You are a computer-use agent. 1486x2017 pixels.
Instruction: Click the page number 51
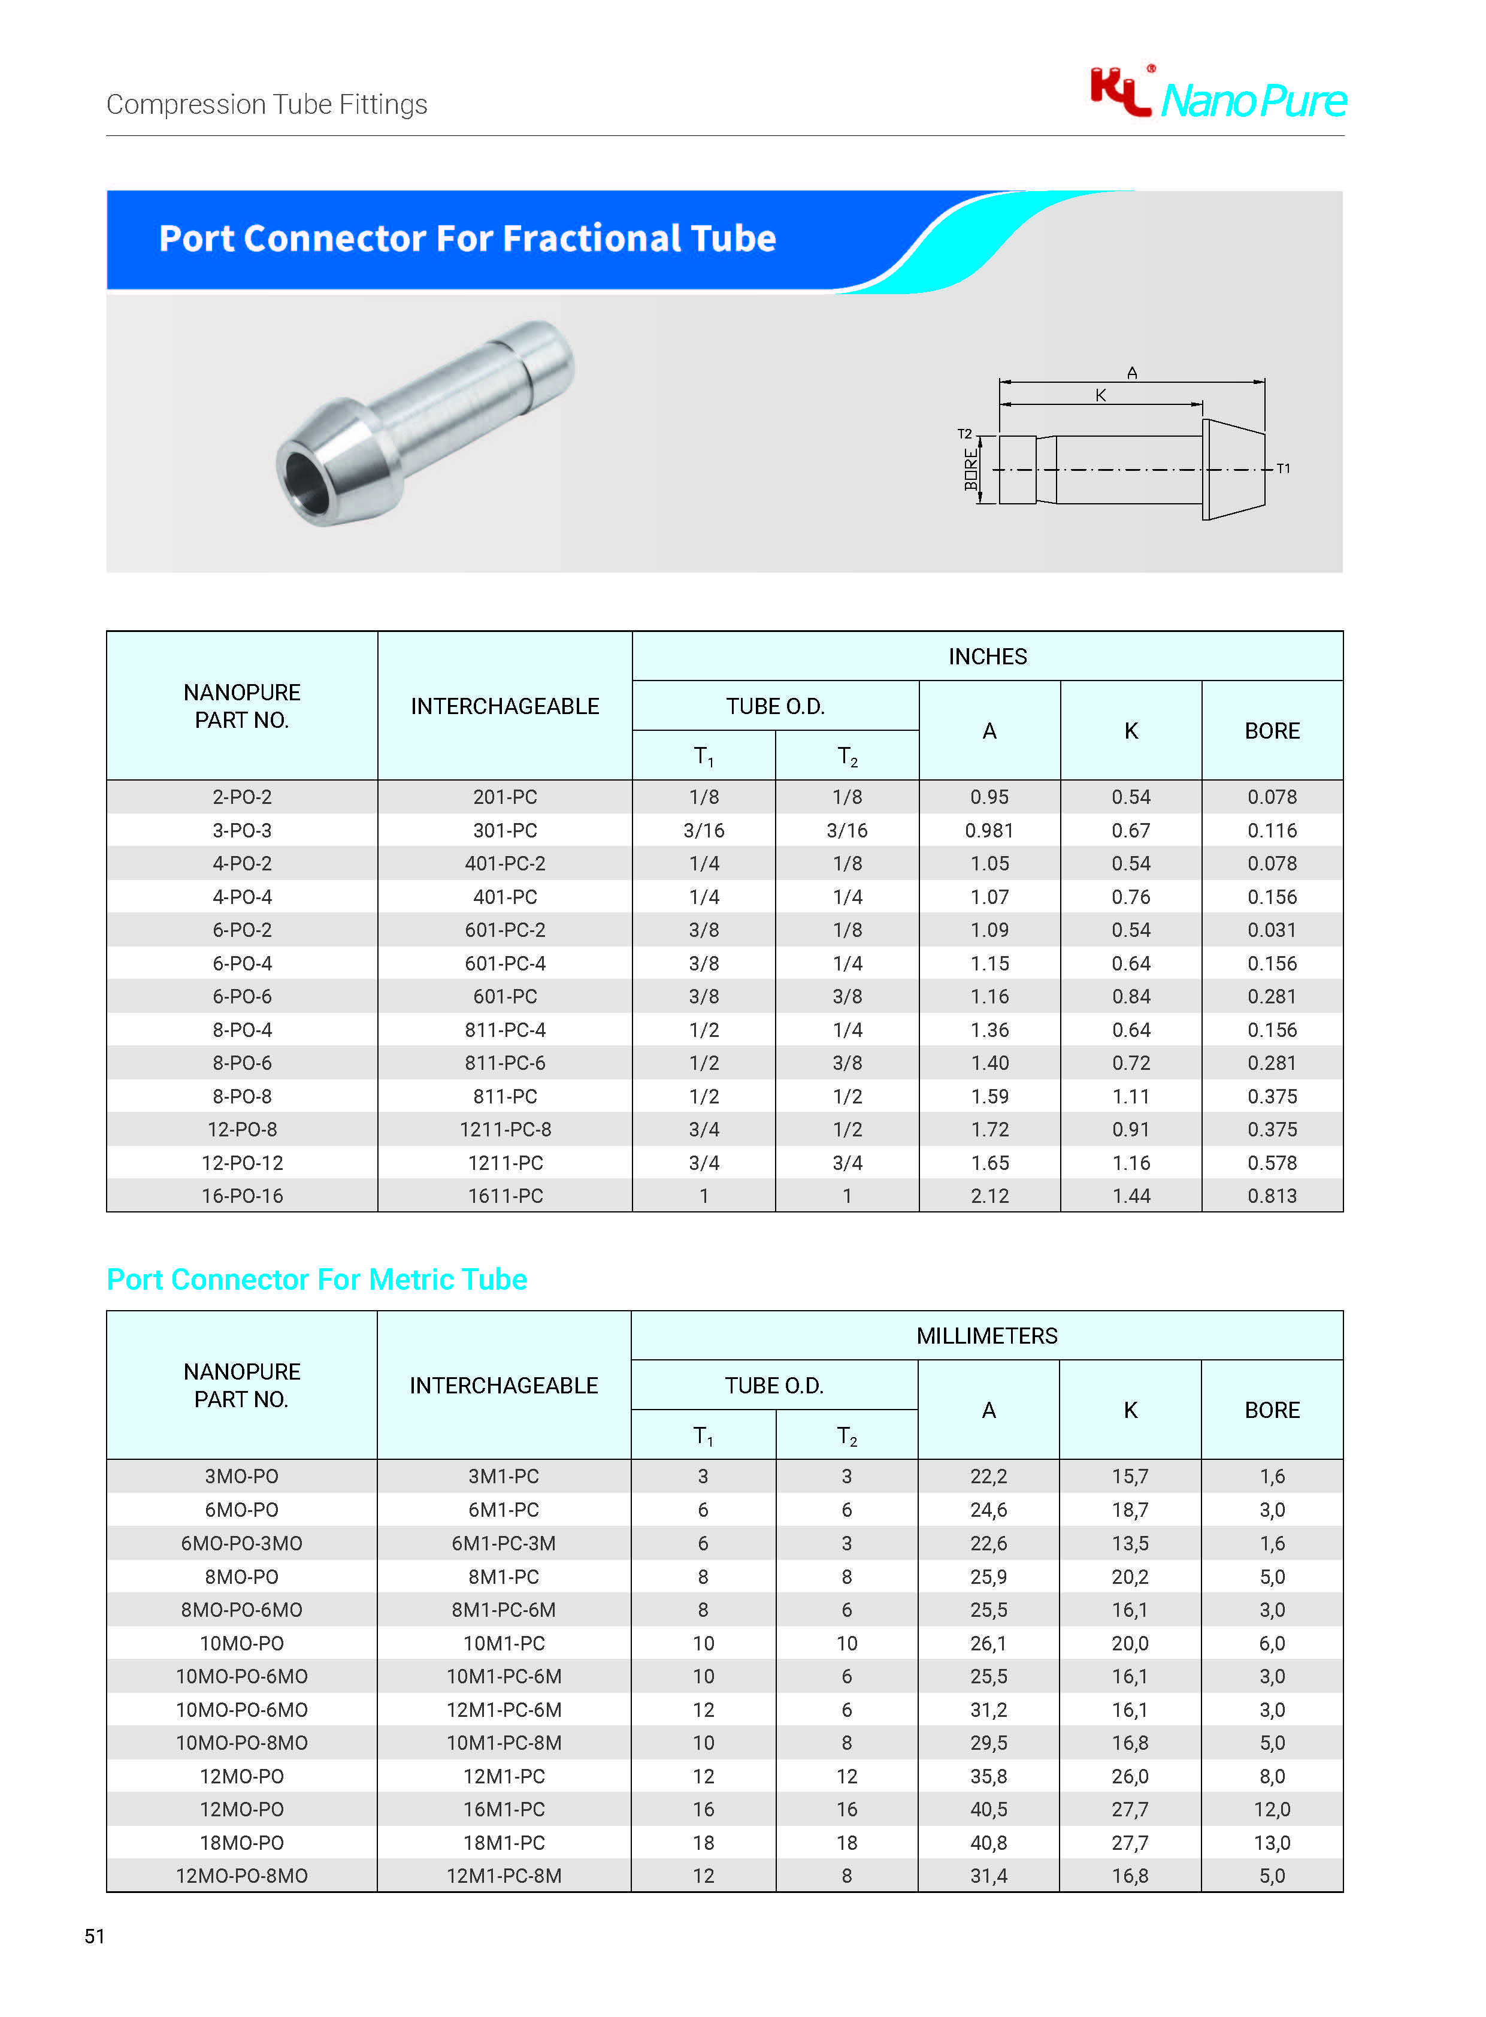95,1936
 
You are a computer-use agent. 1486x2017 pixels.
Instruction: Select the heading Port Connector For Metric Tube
317,1280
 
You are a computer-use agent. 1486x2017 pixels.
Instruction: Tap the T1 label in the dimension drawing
1283,468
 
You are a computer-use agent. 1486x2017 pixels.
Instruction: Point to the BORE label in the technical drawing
970,470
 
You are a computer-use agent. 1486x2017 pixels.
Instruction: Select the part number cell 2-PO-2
242,797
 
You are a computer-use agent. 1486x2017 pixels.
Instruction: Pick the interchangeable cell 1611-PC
505,1196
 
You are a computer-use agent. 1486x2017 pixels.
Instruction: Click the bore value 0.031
1272,930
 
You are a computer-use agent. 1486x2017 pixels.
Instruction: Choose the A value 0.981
988,830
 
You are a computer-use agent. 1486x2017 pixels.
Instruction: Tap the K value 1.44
1131,1196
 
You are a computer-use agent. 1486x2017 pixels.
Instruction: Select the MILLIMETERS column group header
986,1336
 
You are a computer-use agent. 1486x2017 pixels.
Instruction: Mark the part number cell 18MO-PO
242,1843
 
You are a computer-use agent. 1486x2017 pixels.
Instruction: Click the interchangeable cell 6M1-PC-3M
504,1543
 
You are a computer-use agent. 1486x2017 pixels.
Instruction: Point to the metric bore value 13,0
1272,1843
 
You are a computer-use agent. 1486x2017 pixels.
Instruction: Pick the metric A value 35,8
988,1776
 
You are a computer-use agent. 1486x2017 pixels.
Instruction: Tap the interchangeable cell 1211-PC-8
505,1129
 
